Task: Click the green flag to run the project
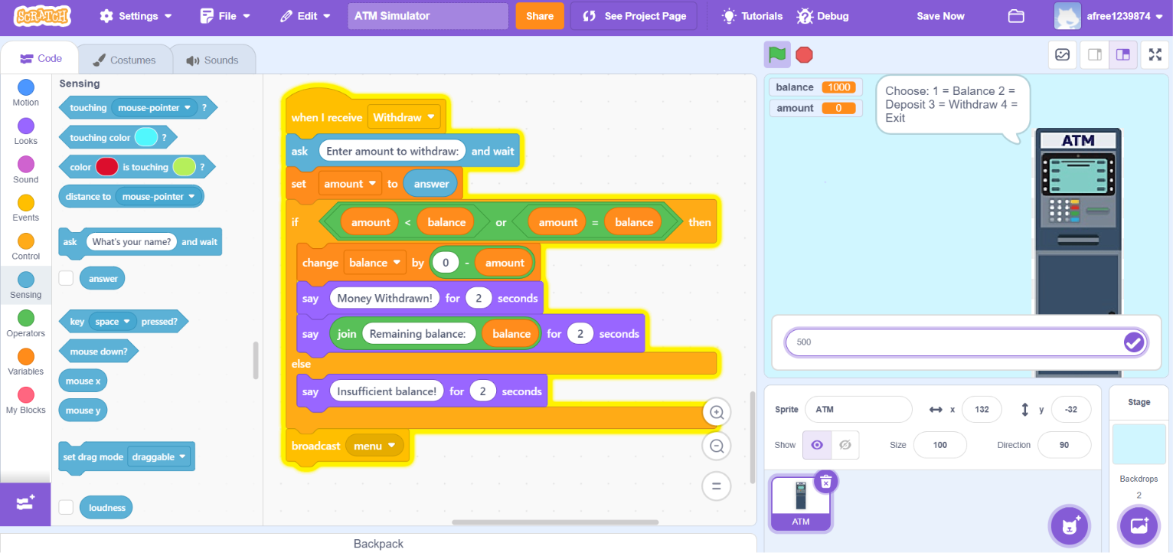(777, 54)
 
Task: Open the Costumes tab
(125, 60)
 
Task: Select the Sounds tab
(213, 60)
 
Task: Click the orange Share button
(539, 16)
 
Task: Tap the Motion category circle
(26, 87)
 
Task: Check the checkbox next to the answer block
(66, 278)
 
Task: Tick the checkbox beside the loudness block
(66, 507)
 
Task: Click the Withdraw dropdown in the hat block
(404, 116)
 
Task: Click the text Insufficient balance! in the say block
(387, 391)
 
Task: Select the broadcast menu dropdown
(374, 446)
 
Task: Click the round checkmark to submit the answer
(1133, 342)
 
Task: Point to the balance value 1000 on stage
(839, 87)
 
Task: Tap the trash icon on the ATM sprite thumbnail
(826, 481)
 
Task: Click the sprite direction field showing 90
(1064, 444)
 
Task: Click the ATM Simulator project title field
(427, 16)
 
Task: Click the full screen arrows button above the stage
(1155, 54)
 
